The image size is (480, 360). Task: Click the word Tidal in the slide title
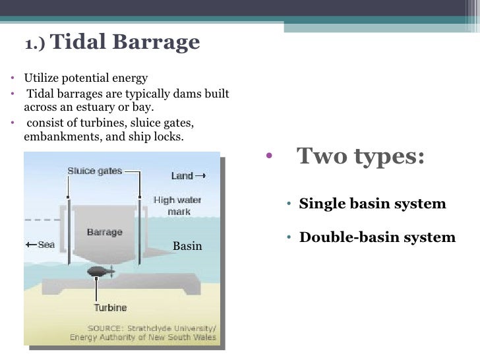73,42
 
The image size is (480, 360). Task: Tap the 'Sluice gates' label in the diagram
95,171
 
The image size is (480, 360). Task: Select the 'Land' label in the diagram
182,175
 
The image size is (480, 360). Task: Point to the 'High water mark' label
177,204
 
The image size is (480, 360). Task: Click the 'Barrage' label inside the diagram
104,232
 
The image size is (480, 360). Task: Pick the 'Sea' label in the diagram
46,245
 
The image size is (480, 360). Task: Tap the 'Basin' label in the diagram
187,247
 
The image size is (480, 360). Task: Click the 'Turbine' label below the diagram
109,307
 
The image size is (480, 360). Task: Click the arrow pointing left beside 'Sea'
30,245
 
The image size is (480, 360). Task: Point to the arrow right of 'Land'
201,175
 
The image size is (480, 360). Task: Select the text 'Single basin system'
373,204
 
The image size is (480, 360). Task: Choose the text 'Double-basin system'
377,237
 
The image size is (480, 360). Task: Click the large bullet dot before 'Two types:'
268,158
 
